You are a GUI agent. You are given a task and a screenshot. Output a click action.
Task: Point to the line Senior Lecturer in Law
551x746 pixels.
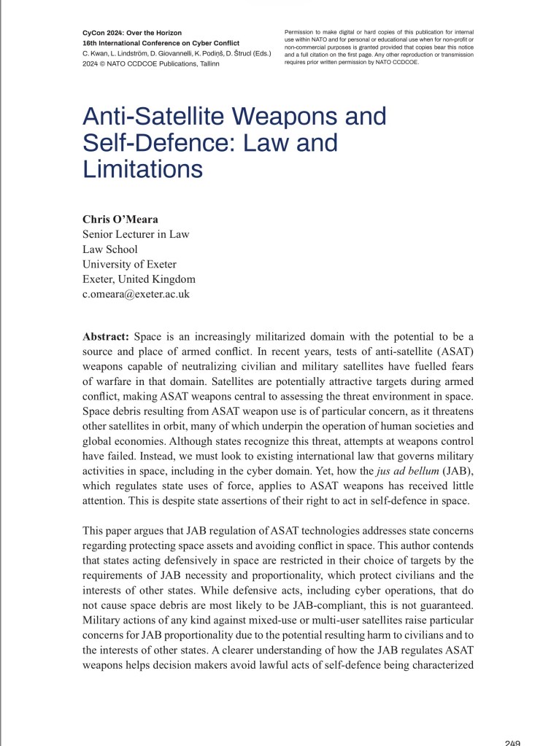(x=136, y=234)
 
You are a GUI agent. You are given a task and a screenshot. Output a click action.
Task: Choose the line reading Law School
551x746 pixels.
(x=110, y=249)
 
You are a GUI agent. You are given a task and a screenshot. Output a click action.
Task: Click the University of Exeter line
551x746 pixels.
(x=129, y=265)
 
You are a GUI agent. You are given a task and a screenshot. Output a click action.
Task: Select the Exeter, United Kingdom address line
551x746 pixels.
(x=139, y=279)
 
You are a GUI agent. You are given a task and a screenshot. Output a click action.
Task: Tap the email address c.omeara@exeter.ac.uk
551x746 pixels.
(x=136, y=295)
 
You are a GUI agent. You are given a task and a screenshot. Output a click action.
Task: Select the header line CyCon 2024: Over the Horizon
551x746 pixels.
(x=132, y=33)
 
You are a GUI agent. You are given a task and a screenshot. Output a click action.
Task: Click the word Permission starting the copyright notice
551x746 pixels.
(x=299, y=33)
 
